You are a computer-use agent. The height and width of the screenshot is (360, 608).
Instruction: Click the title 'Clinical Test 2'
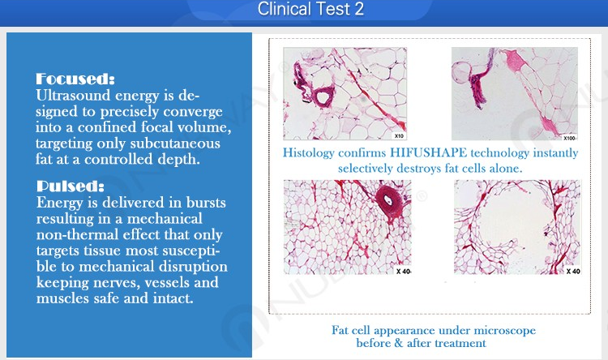[x=310, y=9]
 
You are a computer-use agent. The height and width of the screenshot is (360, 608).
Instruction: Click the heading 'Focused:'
[x=75, y=79]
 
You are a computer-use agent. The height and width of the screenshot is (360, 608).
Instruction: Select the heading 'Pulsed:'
[x=71, y=186]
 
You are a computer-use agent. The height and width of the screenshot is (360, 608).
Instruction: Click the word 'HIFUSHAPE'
[x=429, y=152]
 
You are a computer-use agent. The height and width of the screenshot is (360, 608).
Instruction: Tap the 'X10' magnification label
[x=399, y=135]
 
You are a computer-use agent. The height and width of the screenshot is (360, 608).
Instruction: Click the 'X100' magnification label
[x=569, y=138]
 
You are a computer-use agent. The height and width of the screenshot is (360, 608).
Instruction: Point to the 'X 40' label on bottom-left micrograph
[x=403, y=271]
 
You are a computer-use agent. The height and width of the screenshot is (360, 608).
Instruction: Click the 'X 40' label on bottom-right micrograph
[x=573, y=271]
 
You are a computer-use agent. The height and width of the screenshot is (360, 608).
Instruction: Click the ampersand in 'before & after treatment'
[x=399, y=343]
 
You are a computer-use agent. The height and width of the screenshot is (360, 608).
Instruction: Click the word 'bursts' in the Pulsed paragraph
[x=206, y=203]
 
